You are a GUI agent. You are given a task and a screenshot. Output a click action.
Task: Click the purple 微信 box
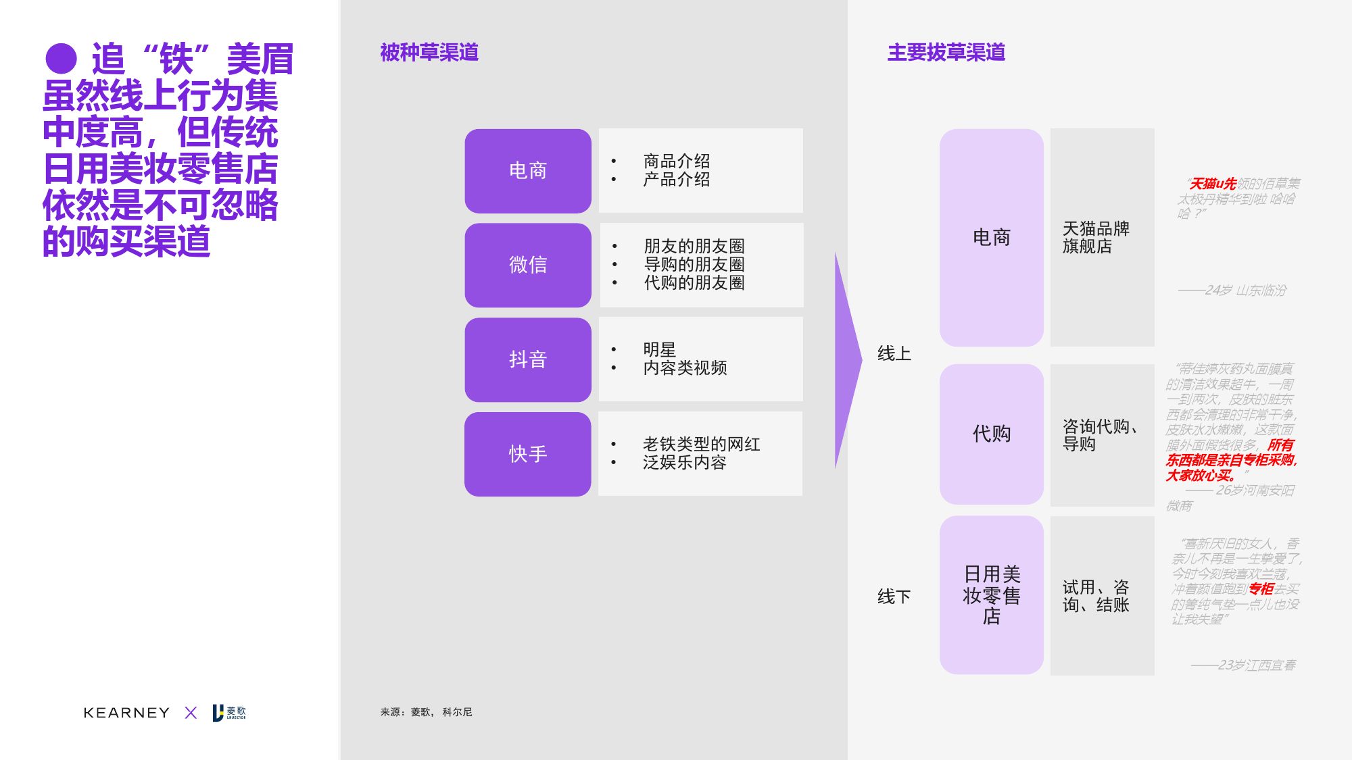(x=528, y=265)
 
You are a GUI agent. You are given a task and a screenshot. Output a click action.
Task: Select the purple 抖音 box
(x=528, y=359)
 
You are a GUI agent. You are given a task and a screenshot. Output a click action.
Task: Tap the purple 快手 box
(x=528, y=454)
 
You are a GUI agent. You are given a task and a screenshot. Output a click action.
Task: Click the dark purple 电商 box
(x=528, y=171)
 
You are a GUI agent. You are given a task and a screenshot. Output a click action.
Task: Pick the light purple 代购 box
(x=991, y=434)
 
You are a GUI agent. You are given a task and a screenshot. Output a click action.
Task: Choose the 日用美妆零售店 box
(x=991, y=594)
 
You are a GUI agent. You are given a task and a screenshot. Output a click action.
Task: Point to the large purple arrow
(x=847, y=360)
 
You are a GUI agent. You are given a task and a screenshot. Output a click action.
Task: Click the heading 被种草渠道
(x=429, y=53)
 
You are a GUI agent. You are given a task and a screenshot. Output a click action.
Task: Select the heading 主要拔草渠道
(x=946, y=53)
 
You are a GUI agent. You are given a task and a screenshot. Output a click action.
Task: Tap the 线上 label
(x=894, y=353)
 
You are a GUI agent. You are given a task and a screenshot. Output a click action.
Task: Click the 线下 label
(x=894, y=597)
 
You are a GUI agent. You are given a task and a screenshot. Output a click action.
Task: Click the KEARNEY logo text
(x=126, y=713)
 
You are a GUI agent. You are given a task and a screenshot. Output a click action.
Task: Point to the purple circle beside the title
(x=62, y=59)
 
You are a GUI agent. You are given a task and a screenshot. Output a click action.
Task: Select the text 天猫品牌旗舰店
(x=1096, y=237)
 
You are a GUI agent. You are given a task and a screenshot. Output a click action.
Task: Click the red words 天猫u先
(x=1213, y=184)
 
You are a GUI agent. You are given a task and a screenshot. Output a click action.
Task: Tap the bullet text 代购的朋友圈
(x=694, y=282)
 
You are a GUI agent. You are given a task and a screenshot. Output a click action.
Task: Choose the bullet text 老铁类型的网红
(x=701, y=444)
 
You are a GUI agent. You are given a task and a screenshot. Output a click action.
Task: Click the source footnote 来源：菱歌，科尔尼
(x=426, y=712)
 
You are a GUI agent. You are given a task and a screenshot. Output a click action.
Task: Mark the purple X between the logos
(x=191, y=713)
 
